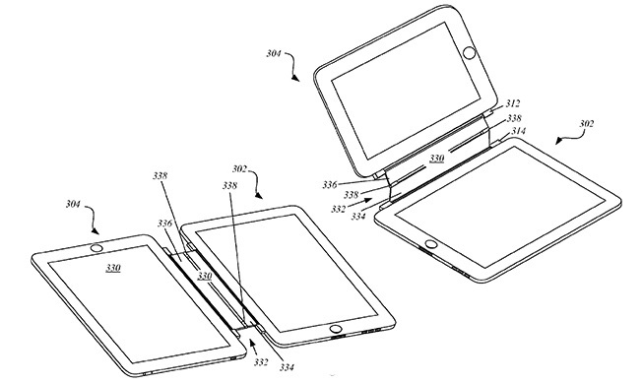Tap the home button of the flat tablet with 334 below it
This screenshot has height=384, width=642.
(x=335, y=328)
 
